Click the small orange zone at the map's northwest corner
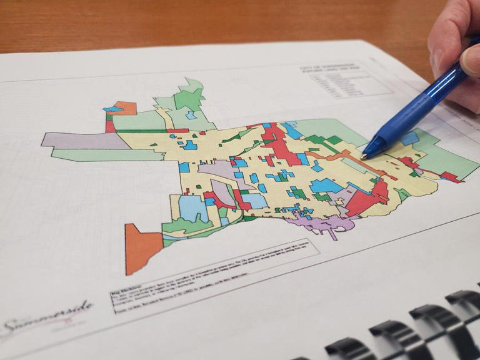tap(125, 107)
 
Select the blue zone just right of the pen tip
tap(409, 137)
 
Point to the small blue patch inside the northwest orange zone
tap(113, 109)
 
